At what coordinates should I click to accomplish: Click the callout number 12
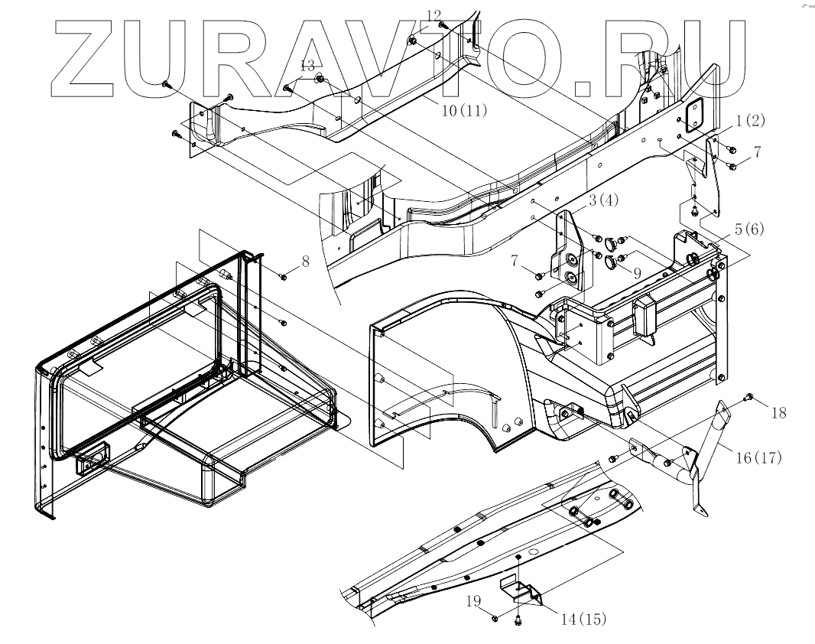433,15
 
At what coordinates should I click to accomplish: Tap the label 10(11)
464,110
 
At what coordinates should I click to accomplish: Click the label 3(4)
603,202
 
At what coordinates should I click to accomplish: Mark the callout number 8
305,262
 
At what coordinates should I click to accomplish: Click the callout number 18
778,413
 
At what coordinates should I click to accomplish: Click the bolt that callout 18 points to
749,397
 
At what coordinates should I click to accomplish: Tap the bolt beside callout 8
284,277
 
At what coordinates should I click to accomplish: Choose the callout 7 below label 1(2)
756,152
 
